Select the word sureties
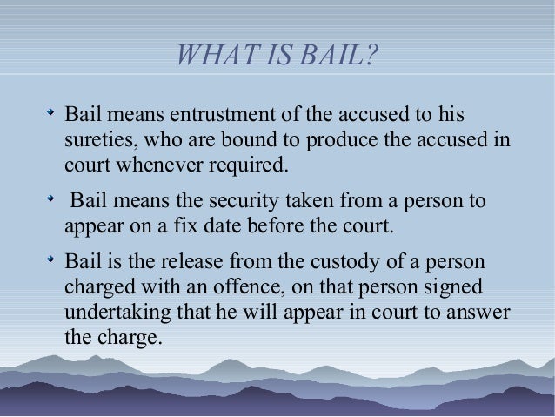[x=97, y=139]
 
